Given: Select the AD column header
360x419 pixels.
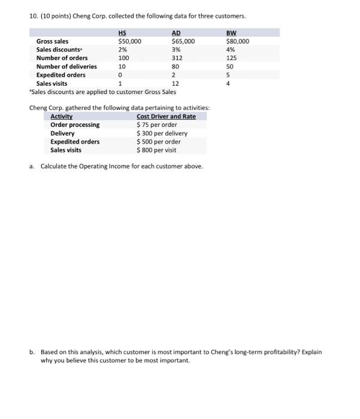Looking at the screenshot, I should pyautogui.click(x=176, y=33).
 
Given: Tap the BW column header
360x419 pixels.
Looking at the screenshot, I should pyautogui.click(x=231, y=33).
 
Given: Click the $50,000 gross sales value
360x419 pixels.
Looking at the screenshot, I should pyautogui.click(x=130, y=41).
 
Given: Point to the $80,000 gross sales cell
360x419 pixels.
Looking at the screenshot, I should pyautogui.click(x=238, y=41).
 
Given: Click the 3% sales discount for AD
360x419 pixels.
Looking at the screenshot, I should pyautogui.click(x=175, y=50).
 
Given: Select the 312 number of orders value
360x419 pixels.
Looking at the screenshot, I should pyautogui.click(x=177, y=58).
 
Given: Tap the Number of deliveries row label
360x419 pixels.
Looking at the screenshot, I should pyautogui.click(x=66, y=66).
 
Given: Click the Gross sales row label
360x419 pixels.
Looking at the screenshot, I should pyautogui.click(x=52, y=41).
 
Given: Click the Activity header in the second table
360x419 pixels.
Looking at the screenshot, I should pyautogui.click(x=61, y=116).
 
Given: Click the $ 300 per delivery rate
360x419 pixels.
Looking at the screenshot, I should pyautogui.click(x=162, y=133).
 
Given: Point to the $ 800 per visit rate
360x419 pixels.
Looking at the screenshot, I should pyautogui.click(x=157, y=150).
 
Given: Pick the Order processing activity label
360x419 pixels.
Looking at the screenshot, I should pyautogui.click(x=75, y=125).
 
